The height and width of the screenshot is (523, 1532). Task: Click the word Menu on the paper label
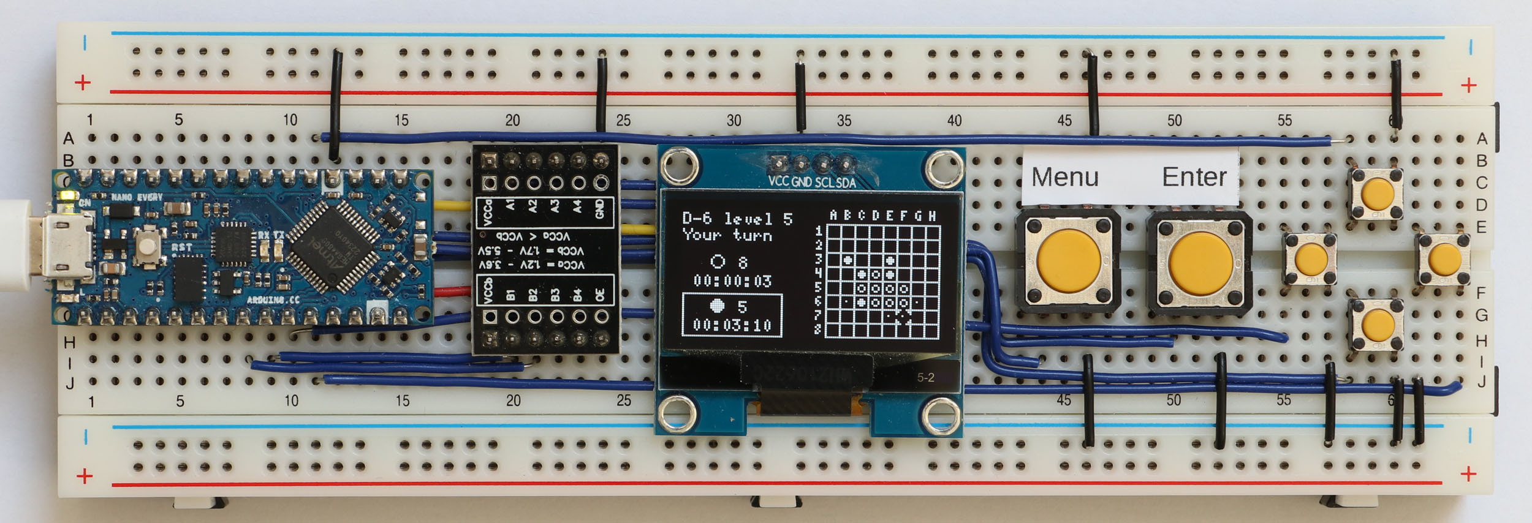pos(1065,177)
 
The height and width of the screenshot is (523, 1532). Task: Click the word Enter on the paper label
pos(1194,177)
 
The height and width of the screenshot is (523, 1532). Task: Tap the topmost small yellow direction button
pos(1376,194)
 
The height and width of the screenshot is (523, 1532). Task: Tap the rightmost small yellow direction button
pos(1444,260)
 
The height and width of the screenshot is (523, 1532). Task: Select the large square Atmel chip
pos(333,246)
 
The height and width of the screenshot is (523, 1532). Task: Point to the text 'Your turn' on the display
pos(727,235)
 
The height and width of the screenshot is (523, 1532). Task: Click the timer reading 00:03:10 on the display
pos(732,325)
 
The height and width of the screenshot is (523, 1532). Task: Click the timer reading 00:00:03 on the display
pos(732,281)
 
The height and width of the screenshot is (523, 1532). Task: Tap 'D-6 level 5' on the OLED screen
pos(737,219)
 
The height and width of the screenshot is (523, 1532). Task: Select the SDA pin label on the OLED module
pos(846,182)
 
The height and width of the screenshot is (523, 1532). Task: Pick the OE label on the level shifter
pos(600,295)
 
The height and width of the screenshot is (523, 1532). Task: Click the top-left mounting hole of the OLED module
pos(680,165)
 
